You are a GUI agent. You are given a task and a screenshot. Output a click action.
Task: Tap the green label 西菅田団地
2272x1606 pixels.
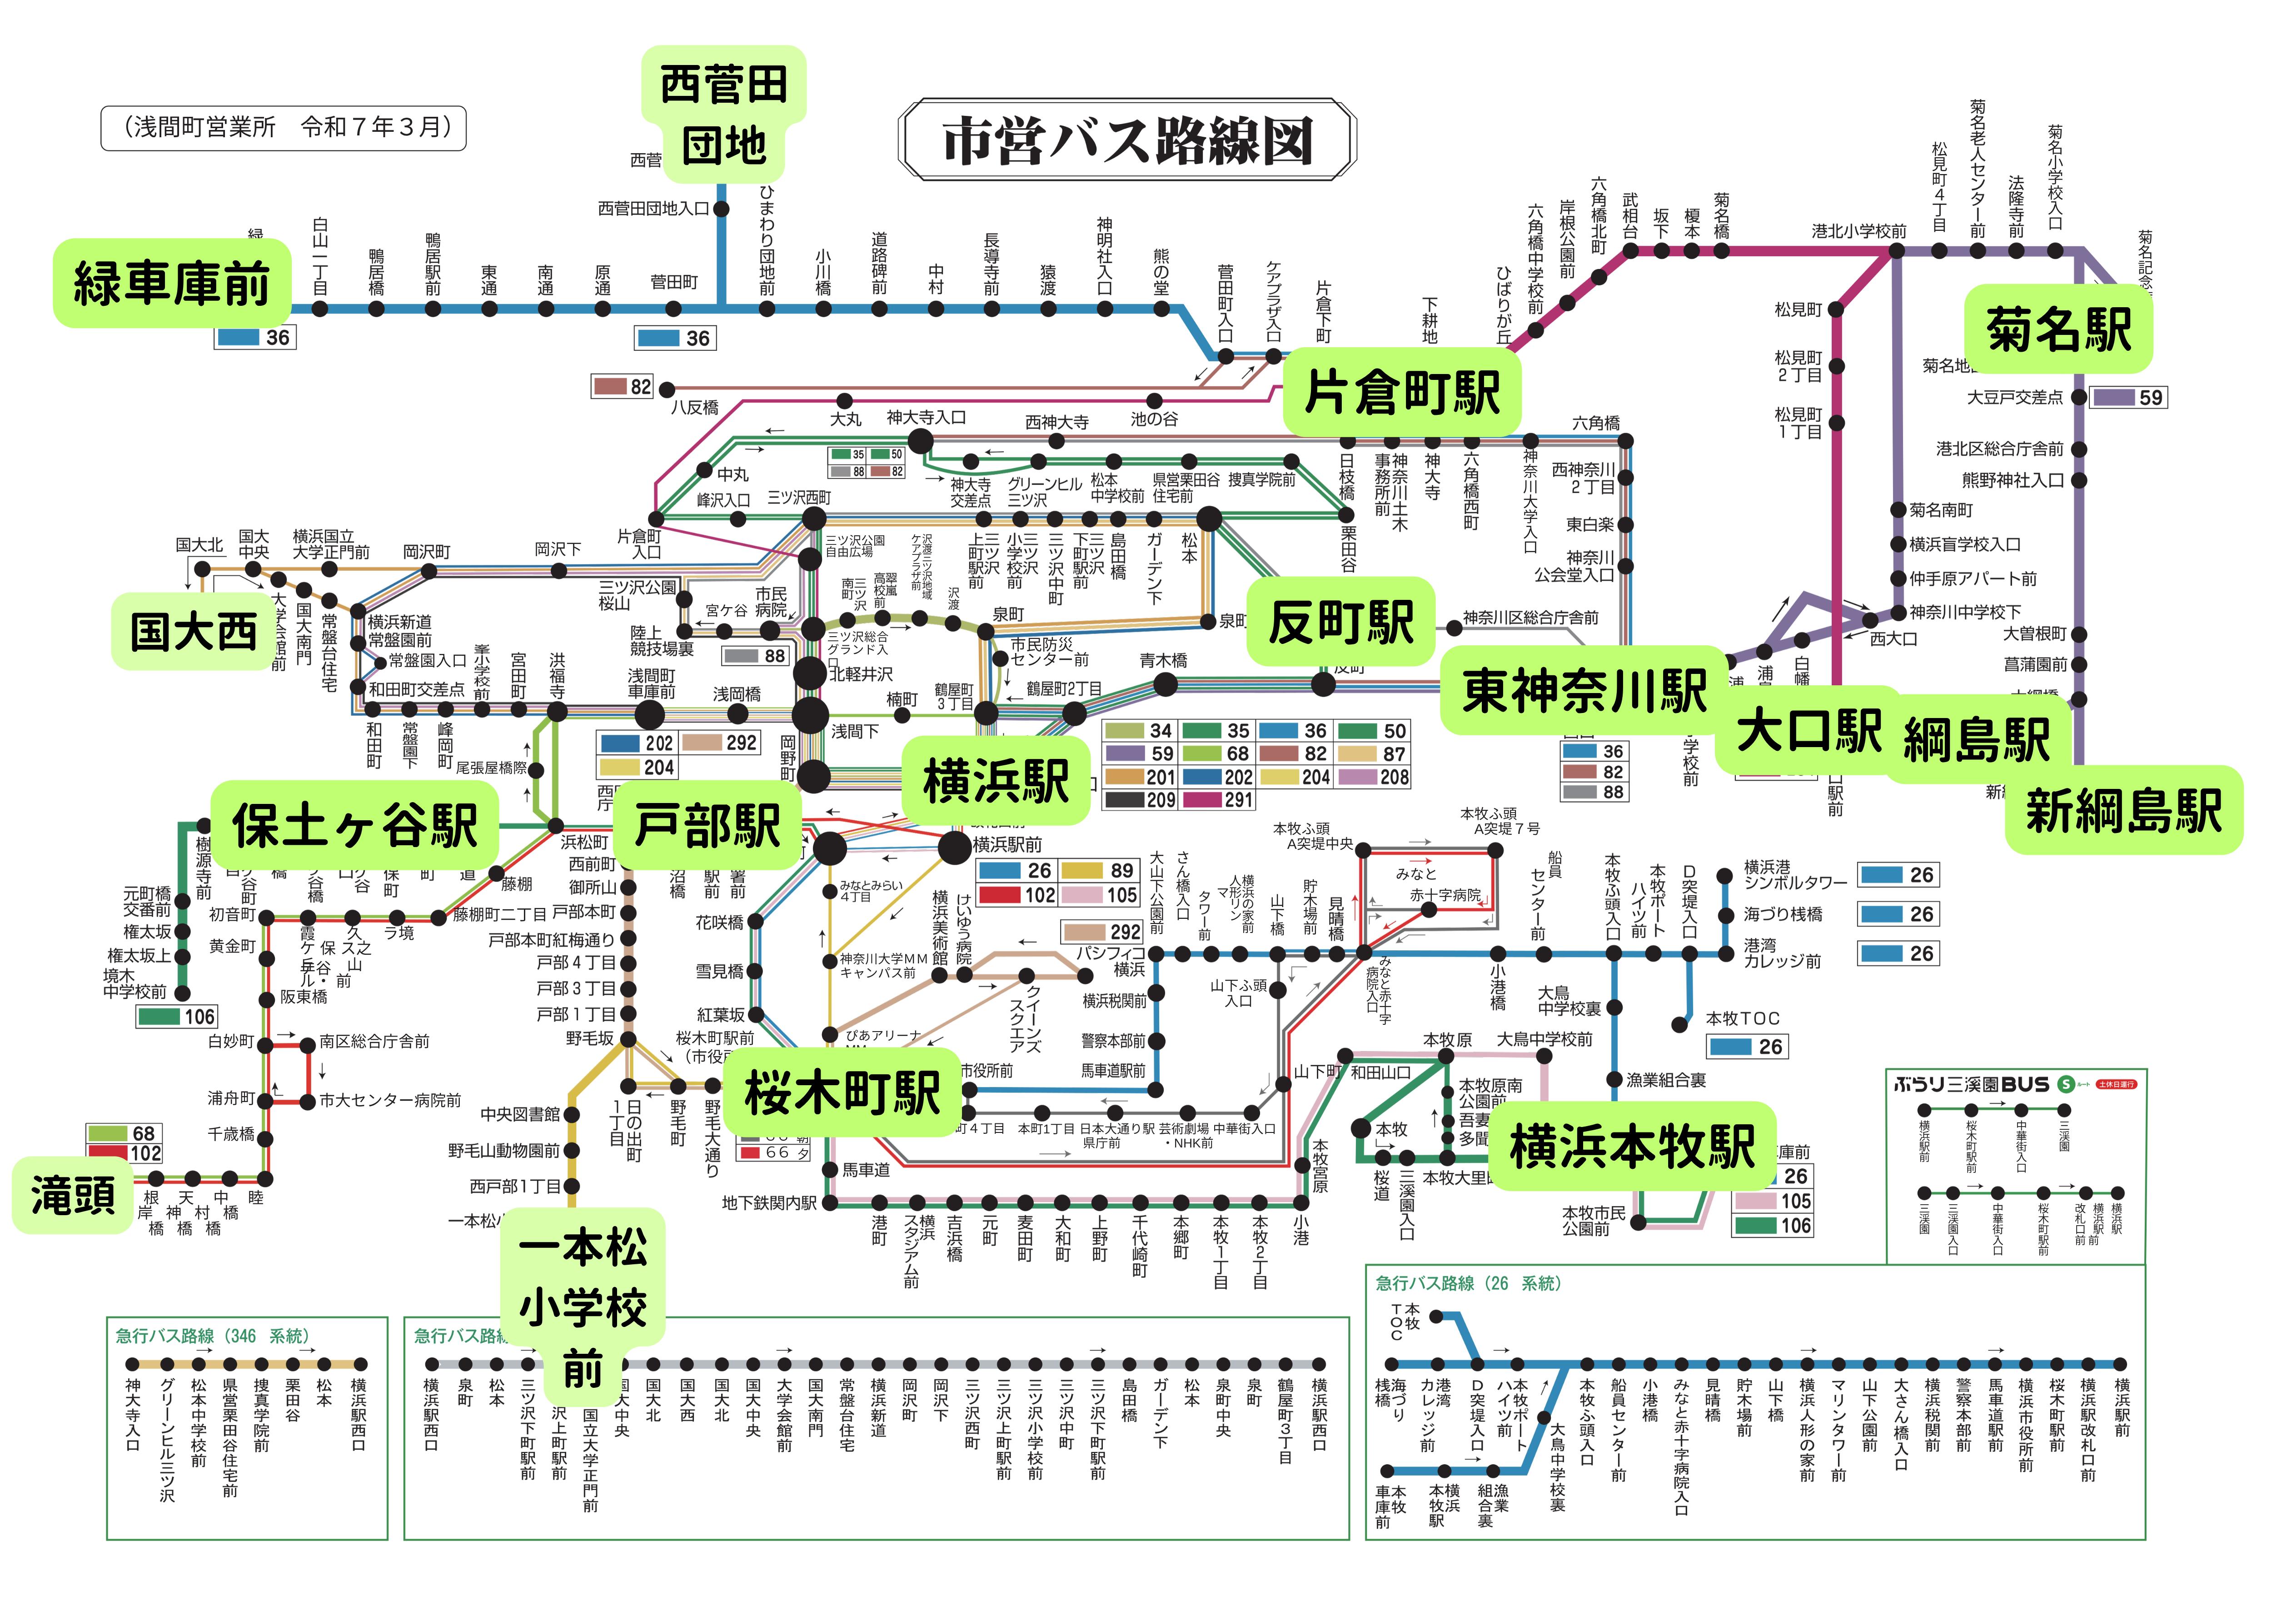click(x=723, y=114)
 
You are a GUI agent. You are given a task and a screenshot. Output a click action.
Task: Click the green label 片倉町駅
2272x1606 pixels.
click(x=1401, y=392)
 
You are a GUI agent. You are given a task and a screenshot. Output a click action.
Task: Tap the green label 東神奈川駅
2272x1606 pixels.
click(x=1584, y=690)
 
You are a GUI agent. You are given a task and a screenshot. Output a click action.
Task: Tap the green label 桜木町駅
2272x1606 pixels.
click(x=842, y=1092)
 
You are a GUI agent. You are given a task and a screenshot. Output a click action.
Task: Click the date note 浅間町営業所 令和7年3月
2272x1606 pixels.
click(x=283, y=128)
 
